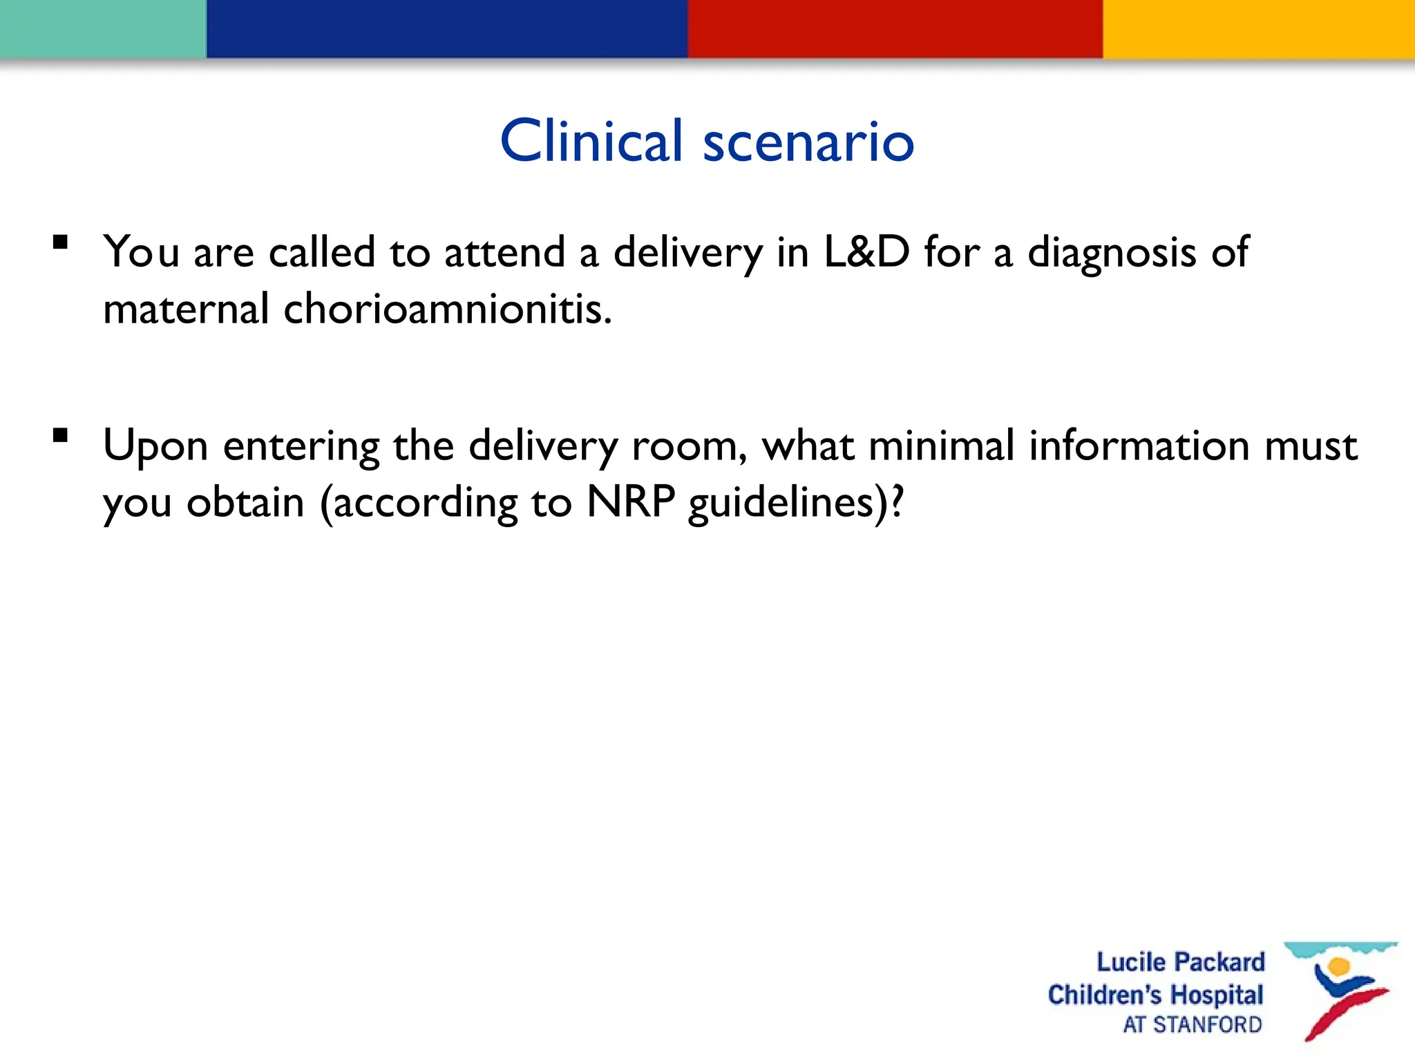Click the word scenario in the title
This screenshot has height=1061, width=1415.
pos(808,142)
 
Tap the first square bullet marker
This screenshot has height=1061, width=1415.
pos(61,242)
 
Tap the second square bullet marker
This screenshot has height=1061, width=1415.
pos(61,435)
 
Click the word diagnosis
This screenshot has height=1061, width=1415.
pos(1112,253)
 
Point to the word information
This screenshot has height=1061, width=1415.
pos(1139,446)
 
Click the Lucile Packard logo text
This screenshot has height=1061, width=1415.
pos(1180,962)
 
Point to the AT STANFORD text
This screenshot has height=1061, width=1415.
pos(1192,1024)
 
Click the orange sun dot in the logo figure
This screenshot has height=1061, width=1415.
pos(1338,966)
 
